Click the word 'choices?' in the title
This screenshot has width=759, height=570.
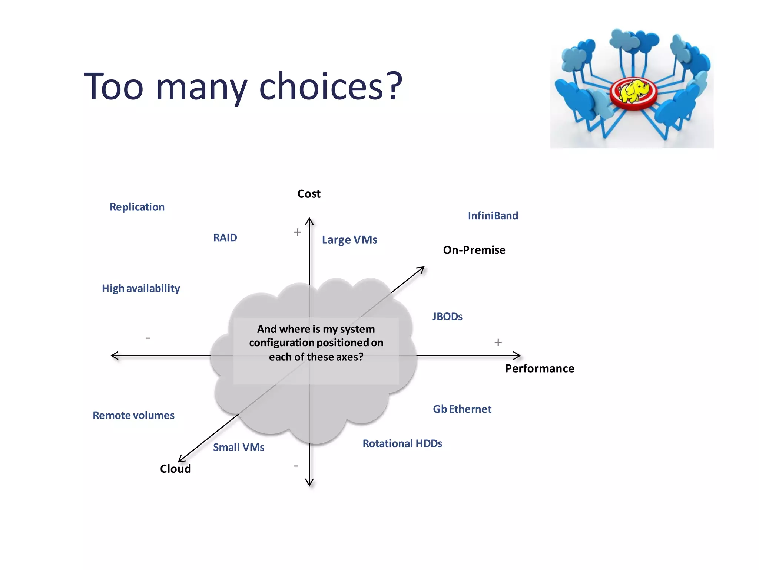pyautogui.click(x=330, y=86)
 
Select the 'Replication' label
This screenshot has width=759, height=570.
pyautogui.click(x=137, y=207)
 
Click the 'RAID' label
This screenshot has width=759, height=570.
pyautogui.click(x=225, y=237)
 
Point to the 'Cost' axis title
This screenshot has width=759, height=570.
pyautogui.click(x=309, y=194)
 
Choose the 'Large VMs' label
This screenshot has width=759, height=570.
pyautogui.click(x=349, y=240)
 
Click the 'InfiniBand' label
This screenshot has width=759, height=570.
pyautogui.click(x=493, y=216)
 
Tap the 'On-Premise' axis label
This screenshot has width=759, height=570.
pyautogui.click(x=474, y=250)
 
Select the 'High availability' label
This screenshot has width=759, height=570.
pyautogui.click(x=141, y=288)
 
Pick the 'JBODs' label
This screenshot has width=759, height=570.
pyautogui.click(x=447, y=317)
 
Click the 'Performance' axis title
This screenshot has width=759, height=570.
pyautogui.click(x=539, y=368)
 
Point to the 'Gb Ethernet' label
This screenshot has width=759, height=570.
pyautogui.click(x=462, y=409)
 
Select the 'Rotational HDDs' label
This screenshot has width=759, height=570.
pyautogui.click(x=402, y=443)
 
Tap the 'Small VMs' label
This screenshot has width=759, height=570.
pyautogui.click(x=238, y=447)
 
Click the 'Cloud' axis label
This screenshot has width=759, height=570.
pyautogui.click(x=175, y=469)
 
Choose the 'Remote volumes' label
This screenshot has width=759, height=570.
pyautogui.click(x=133, y=415)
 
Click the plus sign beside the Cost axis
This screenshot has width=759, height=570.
pyautogui.click(x=297, y=232)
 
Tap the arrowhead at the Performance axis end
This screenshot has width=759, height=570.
pyautogui.click(x=518, y=356)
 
